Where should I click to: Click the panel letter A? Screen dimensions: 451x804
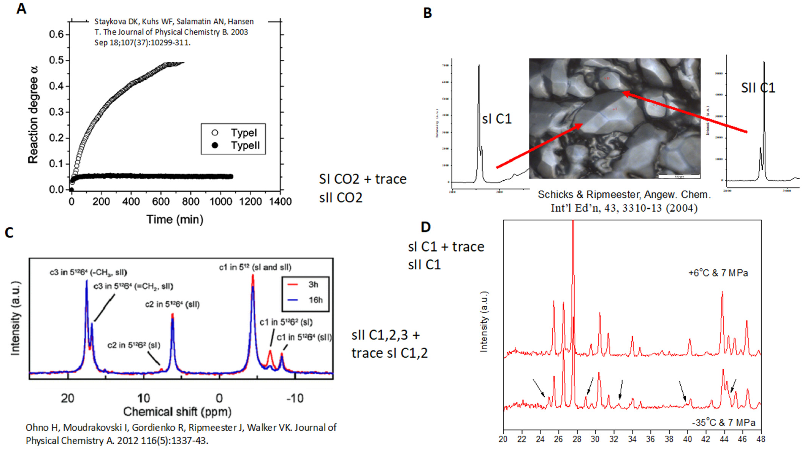tap(21, 9)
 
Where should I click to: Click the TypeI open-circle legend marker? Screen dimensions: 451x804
tap(215, 133)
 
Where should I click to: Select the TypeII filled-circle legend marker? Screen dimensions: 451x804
tap(215, 146)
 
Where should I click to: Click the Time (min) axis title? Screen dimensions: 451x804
tap(175, 219)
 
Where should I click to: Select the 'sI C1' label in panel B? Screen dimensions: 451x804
tap(497, 119)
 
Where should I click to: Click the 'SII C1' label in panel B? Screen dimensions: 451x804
tap(758, 88)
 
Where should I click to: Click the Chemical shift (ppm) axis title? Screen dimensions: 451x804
tap(177, 412)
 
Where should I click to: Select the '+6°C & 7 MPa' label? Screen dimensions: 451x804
tap(718, 273)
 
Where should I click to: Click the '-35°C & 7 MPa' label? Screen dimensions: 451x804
tap(723, 423)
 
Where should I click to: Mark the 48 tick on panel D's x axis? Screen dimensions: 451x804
tap(761, 439)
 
